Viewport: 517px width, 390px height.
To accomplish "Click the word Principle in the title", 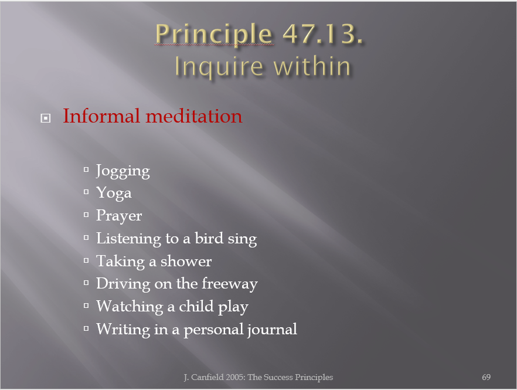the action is [x=213, y=35].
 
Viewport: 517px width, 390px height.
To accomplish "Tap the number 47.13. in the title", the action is [x=323, y=33].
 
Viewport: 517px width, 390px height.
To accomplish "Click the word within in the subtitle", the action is [x=312, y=66].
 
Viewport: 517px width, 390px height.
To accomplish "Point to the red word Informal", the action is [x=101, y=116].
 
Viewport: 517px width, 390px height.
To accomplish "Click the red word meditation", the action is [x=194, y=117].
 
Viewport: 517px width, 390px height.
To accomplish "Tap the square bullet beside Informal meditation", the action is [x=46, y=118].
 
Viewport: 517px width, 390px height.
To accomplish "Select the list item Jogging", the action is [x=123, y=171].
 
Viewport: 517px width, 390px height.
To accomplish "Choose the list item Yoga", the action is [x=114, y=193].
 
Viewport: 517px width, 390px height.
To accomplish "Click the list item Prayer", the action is [x=119, y=216].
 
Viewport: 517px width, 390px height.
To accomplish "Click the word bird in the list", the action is [x=209, y=238].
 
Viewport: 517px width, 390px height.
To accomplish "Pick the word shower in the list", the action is [x=186, y=261].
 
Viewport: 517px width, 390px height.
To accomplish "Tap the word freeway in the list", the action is [x=230, y=284].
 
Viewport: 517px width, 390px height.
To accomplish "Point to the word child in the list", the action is [x=196, y=306].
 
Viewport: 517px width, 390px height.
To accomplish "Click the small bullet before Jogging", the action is [x=86, y=169].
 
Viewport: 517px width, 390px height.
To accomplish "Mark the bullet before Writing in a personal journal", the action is [x=86, y=328].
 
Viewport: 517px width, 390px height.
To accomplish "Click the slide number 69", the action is [x=486, y=377].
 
